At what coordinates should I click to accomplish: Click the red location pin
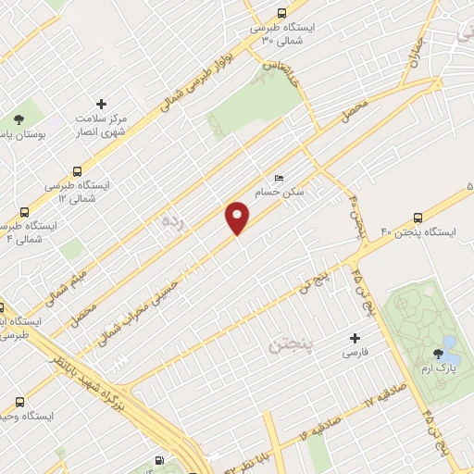tap(238, 217)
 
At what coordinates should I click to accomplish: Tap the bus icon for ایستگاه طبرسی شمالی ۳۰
tap(281, 13)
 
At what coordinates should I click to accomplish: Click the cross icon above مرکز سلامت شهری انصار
tap(101, 104)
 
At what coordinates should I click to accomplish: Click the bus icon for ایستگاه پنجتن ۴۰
tap(418, 219)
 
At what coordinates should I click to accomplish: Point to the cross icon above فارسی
tap(354, 338)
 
